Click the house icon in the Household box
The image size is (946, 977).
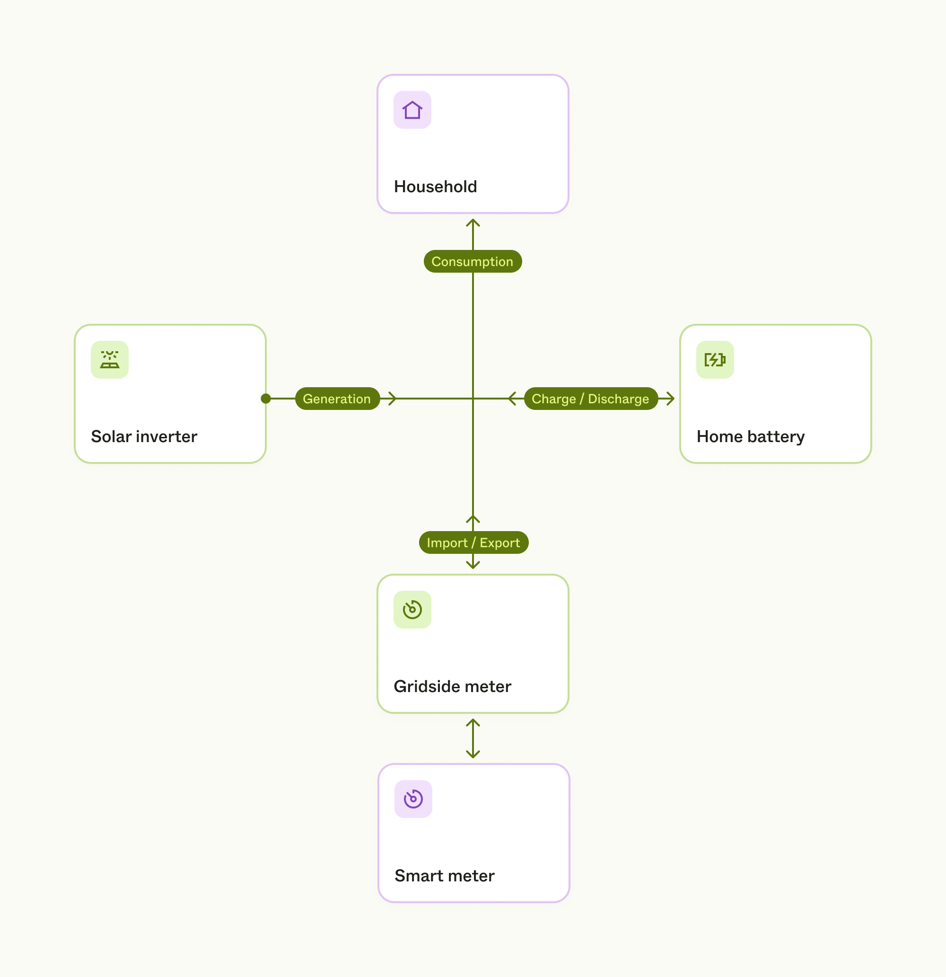(x=412, y=110)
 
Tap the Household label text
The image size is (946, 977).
(x=435, y=187)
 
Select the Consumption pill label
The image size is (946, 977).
(x=472, y=261)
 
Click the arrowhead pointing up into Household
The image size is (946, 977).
(x=473, y=222)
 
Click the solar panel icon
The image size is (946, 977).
(x=110, y=359)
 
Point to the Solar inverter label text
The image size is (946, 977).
(x=144, y=436)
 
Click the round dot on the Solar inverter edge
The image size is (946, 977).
(x=266, y=398)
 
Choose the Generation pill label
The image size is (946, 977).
(x=337, y=399)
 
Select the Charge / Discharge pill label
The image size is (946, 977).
(x=590, y=399)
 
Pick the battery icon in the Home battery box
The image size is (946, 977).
(x=714, y=359)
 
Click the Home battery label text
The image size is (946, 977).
(x=750, y=436)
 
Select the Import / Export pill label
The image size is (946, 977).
(x=473, y=542)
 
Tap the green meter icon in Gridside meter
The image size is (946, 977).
(x=412, y=609)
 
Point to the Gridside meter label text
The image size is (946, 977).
(x=452, y=686)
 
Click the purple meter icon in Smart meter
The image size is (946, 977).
(x=413, y=799)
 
